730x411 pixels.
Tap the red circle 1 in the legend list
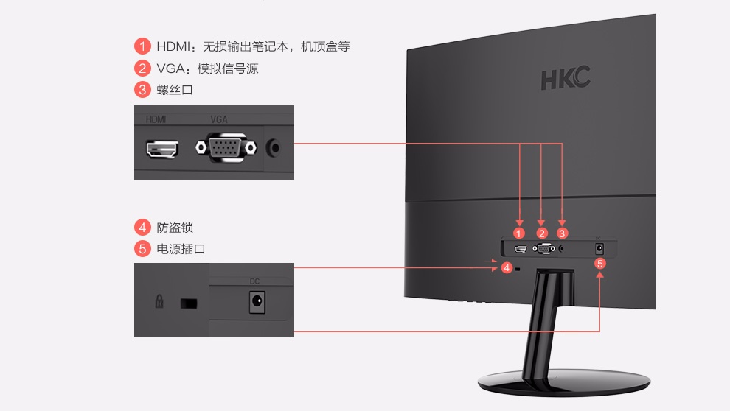point(142,46)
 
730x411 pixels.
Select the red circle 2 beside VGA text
point(142,68)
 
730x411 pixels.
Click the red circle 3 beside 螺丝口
point(142,91)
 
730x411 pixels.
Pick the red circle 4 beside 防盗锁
point(142,227)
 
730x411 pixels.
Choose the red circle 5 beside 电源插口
point(142,249)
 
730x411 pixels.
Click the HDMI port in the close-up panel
point(162,150)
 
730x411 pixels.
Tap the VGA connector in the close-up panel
point(226,148)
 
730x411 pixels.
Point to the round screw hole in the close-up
point(274,147)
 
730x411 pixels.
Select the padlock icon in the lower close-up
point(159,302)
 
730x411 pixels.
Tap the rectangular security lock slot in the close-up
point(190,303)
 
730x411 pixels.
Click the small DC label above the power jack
point(255,281)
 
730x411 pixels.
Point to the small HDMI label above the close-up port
point(156,119)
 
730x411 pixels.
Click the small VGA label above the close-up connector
point(219,119)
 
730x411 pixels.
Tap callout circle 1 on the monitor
point(521,233)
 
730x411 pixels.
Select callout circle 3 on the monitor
point(563,233)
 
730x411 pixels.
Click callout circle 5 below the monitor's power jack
point(600,263)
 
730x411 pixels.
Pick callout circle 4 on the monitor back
point(507,267)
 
